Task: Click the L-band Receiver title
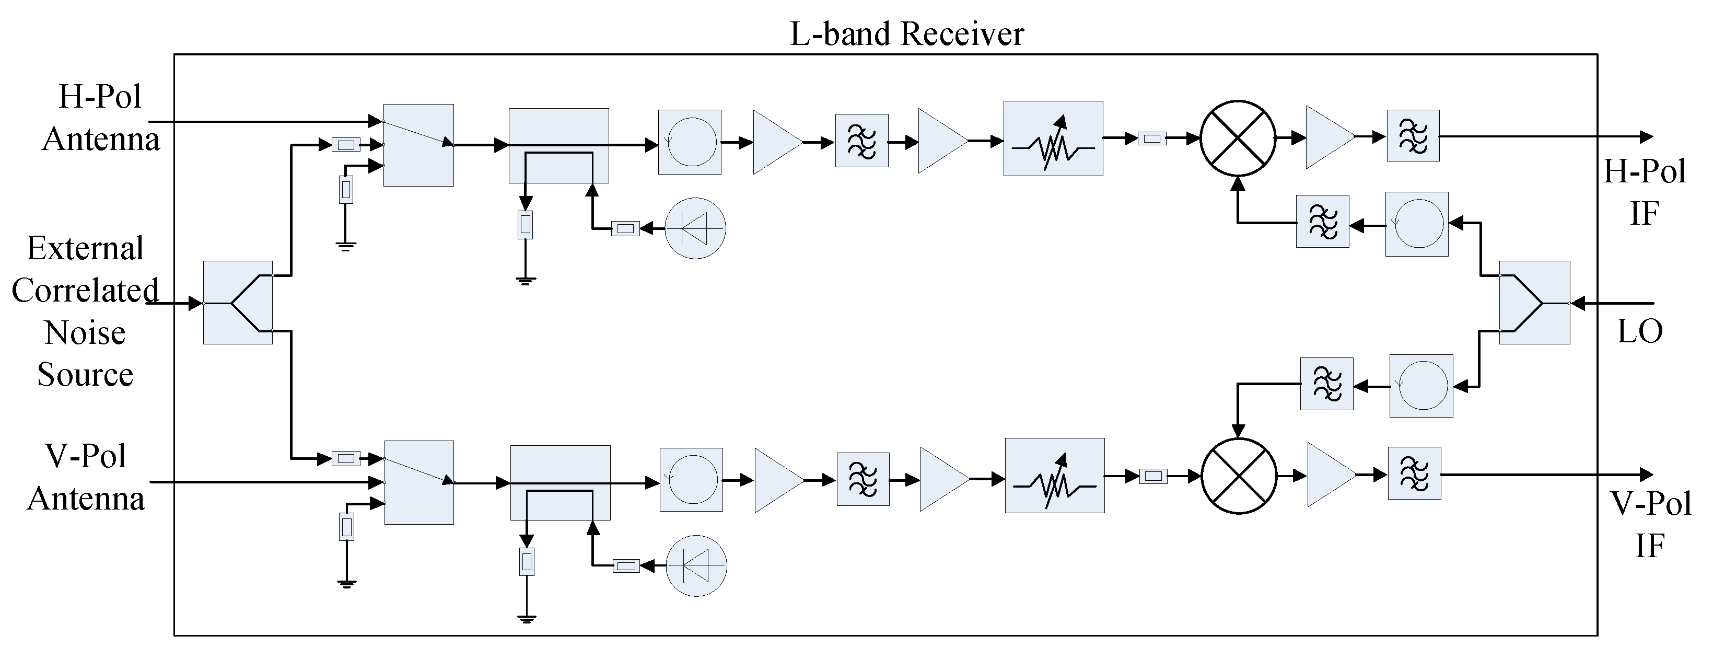(906, 33)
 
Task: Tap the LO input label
(1639, 330)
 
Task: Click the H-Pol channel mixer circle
(1238, 138)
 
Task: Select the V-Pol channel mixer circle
(1239, 476)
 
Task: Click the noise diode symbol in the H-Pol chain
(695, 228)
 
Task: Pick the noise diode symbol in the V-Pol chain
(696, 566)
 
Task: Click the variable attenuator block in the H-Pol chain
(1053, 138)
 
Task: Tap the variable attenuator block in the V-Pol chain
(1054, 476)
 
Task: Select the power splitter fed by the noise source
(237, 303)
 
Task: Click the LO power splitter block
(1534, 303)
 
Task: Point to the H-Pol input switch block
(418, 145)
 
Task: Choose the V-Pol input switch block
(419, 482)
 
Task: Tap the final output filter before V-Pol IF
(1414, 473)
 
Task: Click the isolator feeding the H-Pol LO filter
(1416, 224)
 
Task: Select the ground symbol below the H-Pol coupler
(526, 281)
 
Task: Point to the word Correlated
(85, 291)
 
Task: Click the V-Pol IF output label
(1650, 525)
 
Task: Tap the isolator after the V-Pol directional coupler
(691, 479)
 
